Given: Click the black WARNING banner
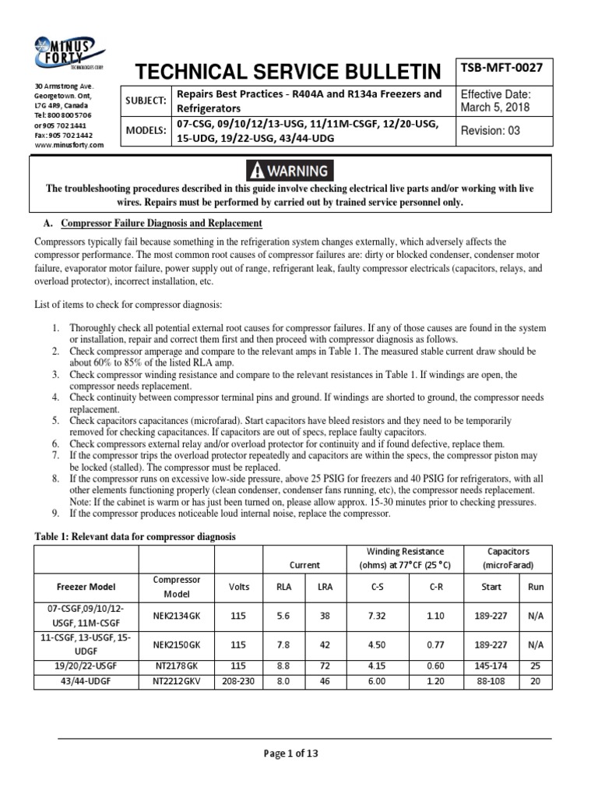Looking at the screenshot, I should pyautogui.click(x=288, y=170).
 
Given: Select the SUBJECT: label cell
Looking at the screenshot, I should pyautogui.click(x=146, y=101).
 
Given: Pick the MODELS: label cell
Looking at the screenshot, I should pyautogui.click(x=146, y=132).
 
